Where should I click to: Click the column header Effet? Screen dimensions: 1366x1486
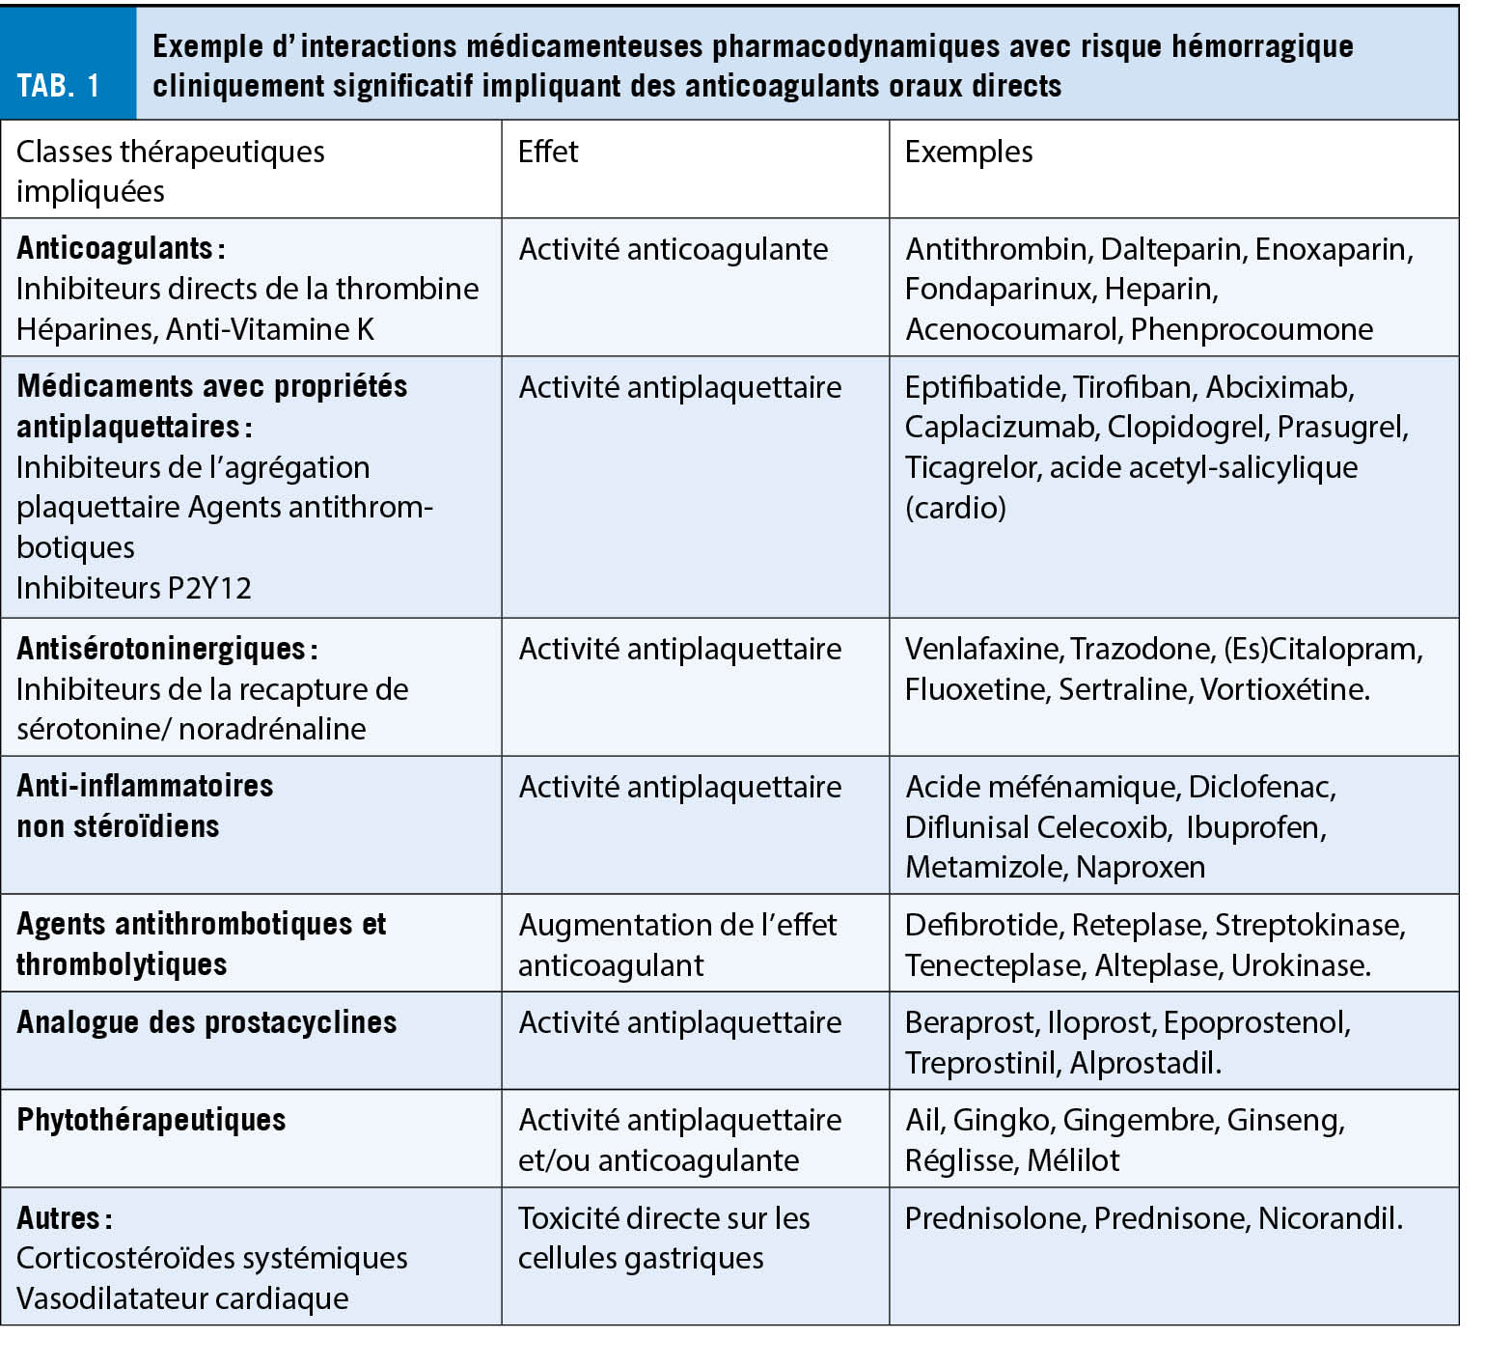548,152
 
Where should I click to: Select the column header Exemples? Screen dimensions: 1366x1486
968,152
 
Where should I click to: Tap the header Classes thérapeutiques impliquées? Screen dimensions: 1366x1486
170,171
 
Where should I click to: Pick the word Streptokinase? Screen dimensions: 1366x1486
1308,925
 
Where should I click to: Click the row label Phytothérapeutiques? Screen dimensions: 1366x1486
151,1120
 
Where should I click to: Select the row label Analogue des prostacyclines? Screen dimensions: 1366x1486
206,1022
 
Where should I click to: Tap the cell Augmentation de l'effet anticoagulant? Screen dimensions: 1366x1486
677,944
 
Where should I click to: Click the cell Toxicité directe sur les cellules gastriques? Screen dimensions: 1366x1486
664,1238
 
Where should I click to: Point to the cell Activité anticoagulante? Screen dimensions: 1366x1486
673,249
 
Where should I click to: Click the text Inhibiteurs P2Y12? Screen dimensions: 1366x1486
134,588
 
